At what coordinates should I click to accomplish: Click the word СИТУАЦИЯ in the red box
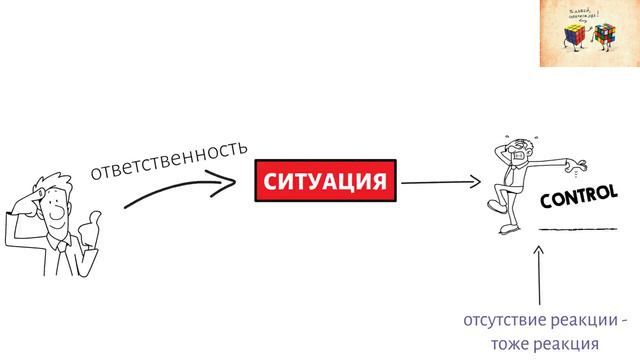[x=323, y=182]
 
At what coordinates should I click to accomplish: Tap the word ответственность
[x=168, y=160]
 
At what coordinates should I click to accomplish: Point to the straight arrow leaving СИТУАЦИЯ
[x=440, y=183]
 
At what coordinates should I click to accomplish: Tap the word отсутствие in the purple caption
[x=497, y=322]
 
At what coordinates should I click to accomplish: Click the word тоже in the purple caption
[x=510, y=343]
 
